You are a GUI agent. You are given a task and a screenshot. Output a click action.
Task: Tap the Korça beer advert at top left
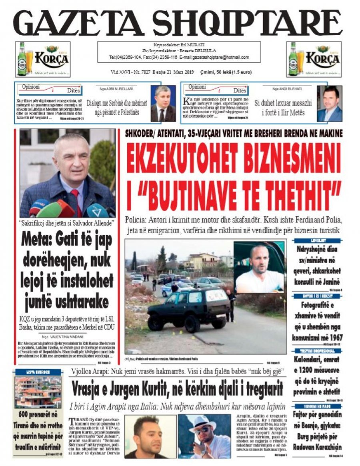[x=43, y=59]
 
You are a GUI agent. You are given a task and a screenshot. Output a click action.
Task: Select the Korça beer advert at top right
[x=314, y=59]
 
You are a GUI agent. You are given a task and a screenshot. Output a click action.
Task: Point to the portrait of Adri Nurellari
[x=163, y=104]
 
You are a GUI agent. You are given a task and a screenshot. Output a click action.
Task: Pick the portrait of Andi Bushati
[x=330, y=104]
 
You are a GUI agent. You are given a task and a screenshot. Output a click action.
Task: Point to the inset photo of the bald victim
[x=259, y=267]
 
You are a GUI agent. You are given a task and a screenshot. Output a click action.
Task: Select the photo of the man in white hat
[x=204, y=436]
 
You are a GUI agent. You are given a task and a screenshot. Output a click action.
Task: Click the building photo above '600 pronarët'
[x=38, y=392]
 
